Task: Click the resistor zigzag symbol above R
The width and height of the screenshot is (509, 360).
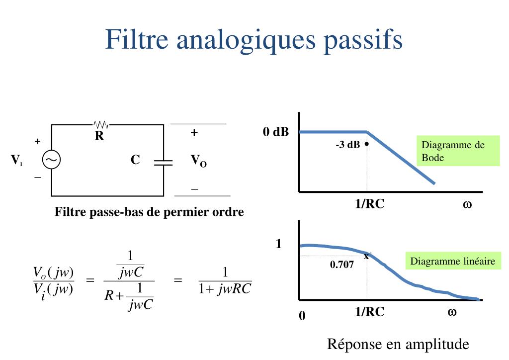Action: [101, 124]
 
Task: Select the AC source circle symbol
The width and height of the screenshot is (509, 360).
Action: [51, 160]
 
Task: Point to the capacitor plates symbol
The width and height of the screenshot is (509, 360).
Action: [163, 162]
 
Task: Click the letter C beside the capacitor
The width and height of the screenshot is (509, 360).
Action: [135, 160]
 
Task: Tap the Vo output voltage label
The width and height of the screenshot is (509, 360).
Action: [198, 161]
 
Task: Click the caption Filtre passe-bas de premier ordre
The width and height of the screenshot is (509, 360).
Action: [149, 212]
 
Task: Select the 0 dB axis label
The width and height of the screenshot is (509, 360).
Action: [276, 132]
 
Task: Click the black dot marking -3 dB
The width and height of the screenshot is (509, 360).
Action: [366, 144]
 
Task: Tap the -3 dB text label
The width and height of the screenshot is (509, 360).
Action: [347, 145]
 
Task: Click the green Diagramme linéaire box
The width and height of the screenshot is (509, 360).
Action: [453, 262]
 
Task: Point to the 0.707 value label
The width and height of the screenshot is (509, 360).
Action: [342, 265]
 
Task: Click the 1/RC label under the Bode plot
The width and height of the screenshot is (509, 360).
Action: [370, 204]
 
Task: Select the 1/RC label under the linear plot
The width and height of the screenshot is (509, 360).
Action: [370, 312]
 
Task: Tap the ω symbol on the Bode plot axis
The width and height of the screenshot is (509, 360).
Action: [467, 204]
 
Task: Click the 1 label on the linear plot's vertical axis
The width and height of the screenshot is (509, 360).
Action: [279, 244]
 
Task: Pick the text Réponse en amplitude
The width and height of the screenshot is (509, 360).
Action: [398, 344]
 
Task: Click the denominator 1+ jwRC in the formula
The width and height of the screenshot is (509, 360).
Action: [225, 289]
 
